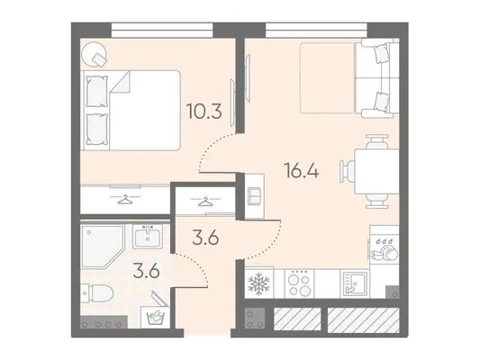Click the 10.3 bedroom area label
pos(204,112)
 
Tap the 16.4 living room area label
pos(302,170)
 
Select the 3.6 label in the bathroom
pos(146,271)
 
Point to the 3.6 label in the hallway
pos(205,238)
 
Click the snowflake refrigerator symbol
pos(258,283)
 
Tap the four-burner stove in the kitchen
pos(300,283)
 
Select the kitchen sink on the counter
pos(355,283)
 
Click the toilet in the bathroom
pos(96,292)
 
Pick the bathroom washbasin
pos(148,237)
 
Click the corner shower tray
pos(103,247)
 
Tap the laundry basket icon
pos(155,318)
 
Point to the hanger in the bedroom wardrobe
pos(125,199)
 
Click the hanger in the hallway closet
pos(204,201)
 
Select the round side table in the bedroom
pos(95,54)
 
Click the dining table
pos(376,171)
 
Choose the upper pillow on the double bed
pos(97,91)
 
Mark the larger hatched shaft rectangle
pos(363,319)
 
